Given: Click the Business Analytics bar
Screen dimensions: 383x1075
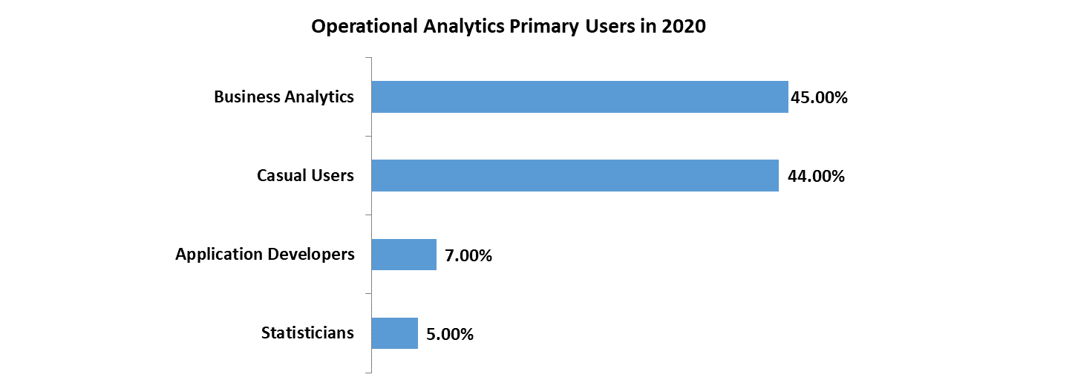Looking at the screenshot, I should point(579,97).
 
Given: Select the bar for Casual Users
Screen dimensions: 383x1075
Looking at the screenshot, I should point(575,176).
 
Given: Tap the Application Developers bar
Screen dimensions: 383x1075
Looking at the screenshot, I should point(403,255).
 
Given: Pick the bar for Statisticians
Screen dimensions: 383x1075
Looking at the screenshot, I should point(394,333).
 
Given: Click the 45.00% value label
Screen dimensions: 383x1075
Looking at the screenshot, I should point(819,97).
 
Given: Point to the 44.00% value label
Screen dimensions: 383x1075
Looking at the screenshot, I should point(816,177).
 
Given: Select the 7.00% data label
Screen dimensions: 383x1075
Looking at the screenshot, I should point(468,256).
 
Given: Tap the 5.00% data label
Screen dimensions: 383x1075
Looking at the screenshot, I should point(450,335).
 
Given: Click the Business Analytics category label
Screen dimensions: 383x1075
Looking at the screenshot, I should point(284,97).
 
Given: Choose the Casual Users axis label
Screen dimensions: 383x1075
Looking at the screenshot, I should point(305,176).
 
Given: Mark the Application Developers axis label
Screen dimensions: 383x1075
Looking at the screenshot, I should point(264,255).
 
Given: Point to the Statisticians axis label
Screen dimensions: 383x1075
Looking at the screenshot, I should point(307,333).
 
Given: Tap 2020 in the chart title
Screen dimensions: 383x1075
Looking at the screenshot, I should point(683,27).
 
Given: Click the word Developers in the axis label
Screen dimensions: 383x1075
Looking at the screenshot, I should point(312,255).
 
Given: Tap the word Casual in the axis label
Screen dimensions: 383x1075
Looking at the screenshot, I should point(281,176).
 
